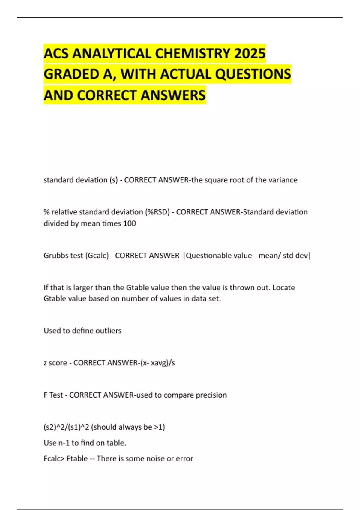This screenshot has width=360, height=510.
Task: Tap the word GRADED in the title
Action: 71,74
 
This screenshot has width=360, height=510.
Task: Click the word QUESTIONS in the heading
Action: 253,74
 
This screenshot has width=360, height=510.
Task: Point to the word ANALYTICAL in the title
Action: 112,54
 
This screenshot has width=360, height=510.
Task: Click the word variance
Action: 283,180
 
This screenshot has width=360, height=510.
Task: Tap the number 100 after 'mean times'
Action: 129,223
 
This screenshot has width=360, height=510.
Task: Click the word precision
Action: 211,395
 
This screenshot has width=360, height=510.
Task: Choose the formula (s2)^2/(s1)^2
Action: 66,427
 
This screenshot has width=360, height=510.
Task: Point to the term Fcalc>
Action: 54,459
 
